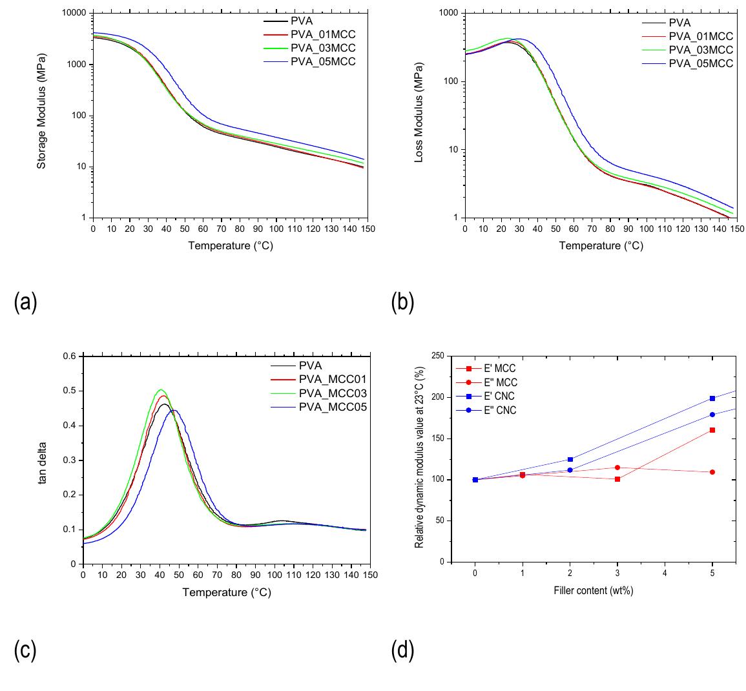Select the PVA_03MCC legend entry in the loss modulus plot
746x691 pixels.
pos(701,50)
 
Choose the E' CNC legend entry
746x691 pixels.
pos(501,397)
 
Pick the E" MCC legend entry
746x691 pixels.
pos(501,382)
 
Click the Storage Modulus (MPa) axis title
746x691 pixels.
pos(41,116)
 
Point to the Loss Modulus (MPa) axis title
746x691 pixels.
pos(419,116)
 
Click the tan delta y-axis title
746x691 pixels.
pos(43,460)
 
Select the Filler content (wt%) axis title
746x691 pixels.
pos(593,591)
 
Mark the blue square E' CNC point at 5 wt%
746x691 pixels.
pos(712,398)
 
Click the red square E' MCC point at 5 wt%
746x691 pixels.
pos(712,430)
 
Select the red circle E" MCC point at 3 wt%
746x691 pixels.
pos(617,468)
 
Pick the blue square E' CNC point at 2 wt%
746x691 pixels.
pos(570,459)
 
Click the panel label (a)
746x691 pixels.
pos(25,302)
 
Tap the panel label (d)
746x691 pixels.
pos(403,652)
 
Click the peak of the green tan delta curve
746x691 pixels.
pos(161,390)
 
